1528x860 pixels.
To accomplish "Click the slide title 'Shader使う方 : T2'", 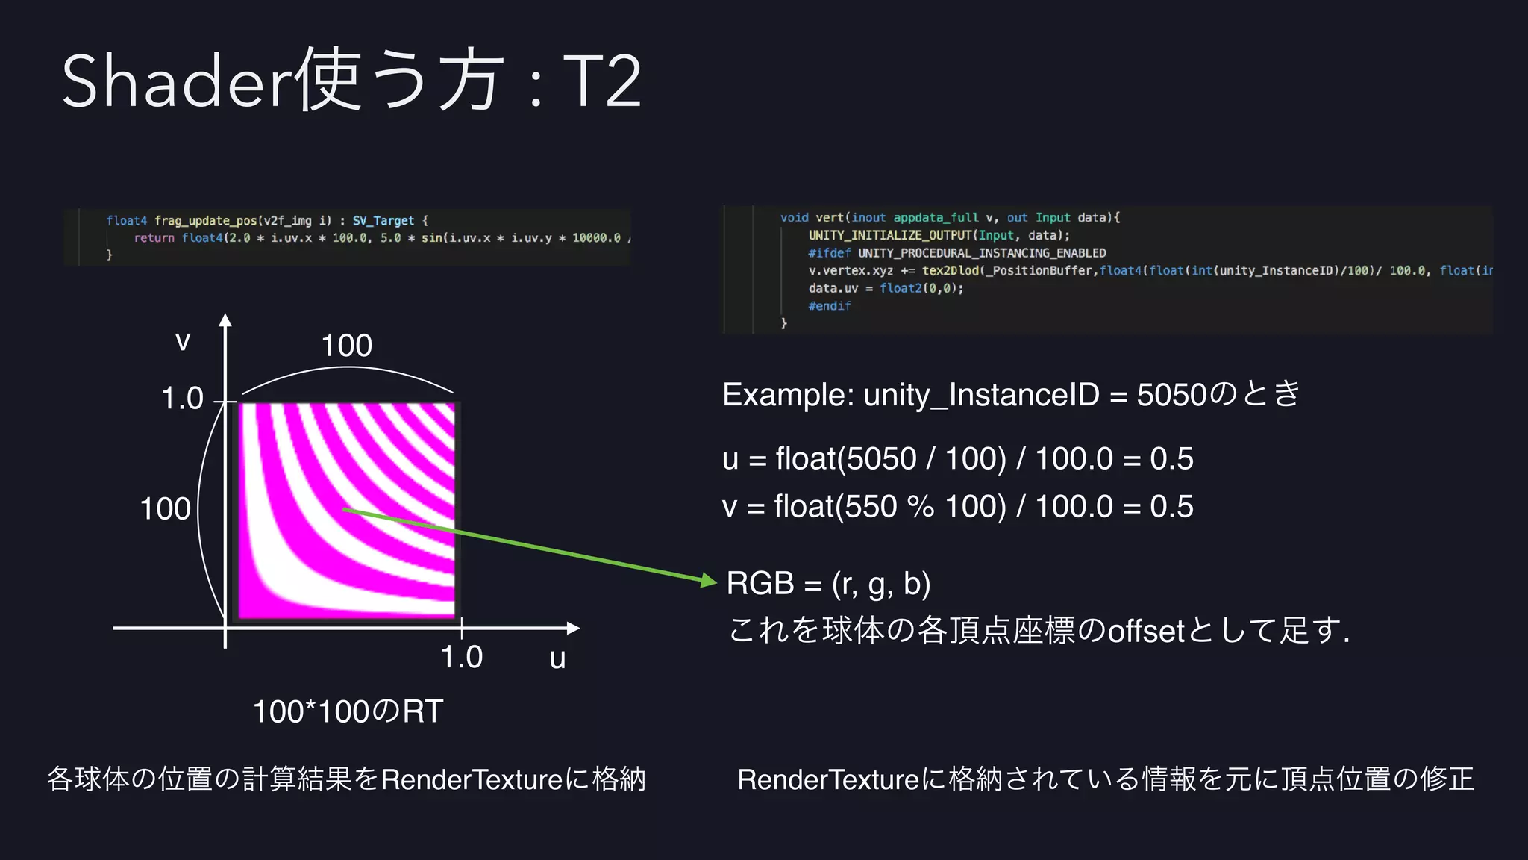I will point(351,81).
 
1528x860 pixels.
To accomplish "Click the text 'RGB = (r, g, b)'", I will point(828,583).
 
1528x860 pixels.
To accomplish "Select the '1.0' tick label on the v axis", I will point(182,399).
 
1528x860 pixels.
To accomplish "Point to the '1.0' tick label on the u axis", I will point(461,657).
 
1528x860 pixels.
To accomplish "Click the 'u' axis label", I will point(557,659).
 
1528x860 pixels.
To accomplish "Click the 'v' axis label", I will point(183,342).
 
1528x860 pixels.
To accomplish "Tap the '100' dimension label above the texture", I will point(346,346).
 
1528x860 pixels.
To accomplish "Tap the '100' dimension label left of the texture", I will point(165,509).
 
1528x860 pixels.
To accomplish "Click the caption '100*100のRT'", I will point(348,711).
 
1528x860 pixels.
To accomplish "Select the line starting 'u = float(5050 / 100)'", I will point(957,458).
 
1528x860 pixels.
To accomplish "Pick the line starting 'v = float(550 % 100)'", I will point(957,506).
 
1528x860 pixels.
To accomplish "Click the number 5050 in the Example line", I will point(1171,394).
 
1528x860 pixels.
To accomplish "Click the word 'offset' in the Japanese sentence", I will point(1146,632).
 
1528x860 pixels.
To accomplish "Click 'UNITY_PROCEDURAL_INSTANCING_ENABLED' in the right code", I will point(982,253).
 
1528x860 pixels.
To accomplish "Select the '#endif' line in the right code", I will point(829,306).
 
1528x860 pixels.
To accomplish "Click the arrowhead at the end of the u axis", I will point(574,628).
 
